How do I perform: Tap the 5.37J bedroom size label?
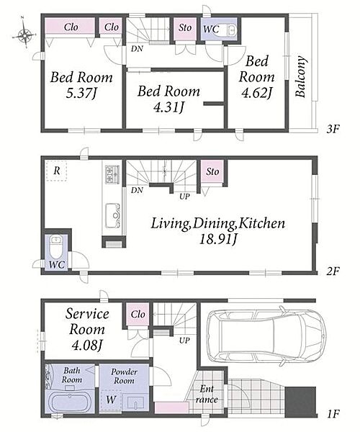pos(81,94)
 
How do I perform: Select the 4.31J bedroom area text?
pos(168,107)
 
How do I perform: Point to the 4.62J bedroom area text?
pos(256,93)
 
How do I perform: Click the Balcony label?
pos(300,76)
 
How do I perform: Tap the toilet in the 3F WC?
pos(228,30)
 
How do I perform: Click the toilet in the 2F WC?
pos(56,246)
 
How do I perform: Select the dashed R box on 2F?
pos(56,171)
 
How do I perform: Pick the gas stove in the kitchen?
pos(112,174)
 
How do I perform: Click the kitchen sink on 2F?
pos(112,216)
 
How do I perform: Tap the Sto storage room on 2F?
pos(212,171)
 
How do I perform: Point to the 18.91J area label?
pos(217,240)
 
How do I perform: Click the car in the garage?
pos(265,337)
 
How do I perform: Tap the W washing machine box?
pos(111,401)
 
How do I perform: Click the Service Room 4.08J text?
pos(87,329)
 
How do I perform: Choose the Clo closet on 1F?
pos(138,314)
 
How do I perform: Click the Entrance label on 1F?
pos(207,394)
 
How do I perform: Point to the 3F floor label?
pos(333,129)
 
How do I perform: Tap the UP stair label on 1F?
pos(184,341)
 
